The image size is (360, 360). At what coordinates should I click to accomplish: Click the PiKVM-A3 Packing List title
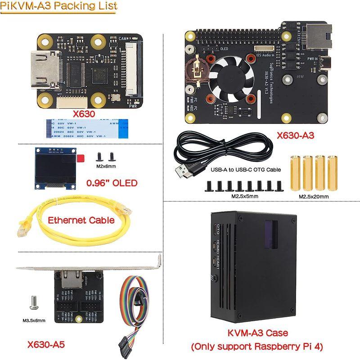[x=58, y=6]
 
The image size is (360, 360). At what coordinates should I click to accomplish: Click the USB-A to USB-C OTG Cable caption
[x=245, y=170]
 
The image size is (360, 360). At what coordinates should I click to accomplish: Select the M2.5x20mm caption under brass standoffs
[x=314, y=196]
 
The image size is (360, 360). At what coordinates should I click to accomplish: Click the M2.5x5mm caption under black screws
[x=244, y=196]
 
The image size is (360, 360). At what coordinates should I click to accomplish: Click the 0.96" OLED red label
[x=112, y=183]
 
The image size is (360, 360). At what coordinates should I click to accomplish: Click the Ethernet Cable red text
[x=81, y=220]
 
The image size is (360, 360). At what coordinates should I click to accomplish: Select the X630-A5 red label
[x=46, y=345]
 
